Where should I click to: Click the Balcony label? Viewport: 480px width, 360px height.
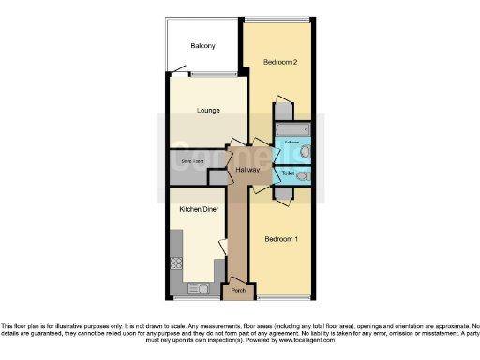pyautogui.click(x=202, y=46)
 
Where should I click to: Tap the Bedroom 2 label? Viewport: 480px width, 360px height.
pyautogui.click(x=279, y=62)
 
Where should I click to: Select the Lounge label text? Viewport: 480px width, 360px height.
pyautogui.click(x=208, y=111)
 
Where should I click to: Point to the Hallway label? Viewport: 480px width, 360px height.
pyautogui.click(x=247, y=170)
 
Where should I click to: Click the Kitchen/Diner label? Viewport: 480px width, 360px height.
pyautogui.click(x=199, y=209)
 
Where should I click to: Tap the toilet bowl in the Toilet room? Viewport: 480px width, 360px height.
pyautogui.click(x=303, y=175)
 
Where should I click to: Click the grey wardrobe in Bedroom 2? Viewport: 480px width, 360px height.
pyautogui.click(x=281, y=111)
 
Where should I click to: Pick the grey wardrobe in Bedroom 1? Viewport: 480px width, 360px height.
pyautogui.click(x=282, y=194)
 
